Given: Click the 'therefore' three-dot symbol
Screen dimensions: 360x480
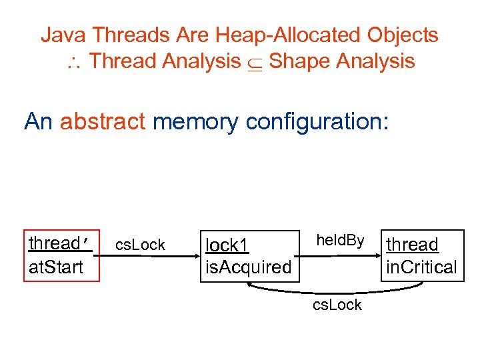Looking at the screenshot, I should (x=73, y=63).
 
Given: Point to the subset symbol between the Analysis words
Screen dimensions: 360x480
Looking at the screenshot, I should (x=255, y=63).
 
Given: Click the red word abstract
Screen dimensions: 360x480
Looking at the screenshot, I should (x=103, y=121).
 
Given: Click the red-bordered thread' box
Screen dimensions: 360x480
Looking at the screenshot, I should (x=61, y=256).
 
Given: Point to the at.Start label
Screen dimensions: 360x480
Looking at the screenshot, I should (x=56, y=267).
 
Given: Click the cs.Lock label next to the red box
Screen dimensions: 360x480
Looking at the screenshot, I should (x=141, y=245).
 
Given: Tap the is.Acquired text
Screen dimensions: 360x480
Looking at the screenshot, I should (x=249, y=268).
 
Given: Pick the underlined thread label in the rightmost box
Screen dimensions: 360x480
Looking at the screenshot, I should (x=413, y=245).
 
